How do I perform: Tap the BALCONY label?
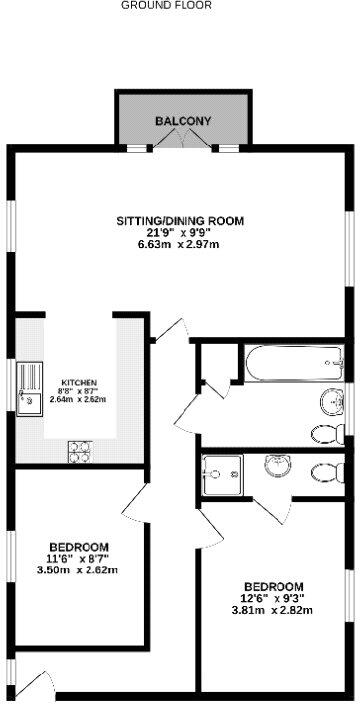pyautogui.click(x=183, y=121)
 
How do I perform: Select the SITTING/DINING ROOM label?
pyautogui.click(x=180, y=220)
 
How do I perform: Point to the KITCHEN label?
pyautogui.click(x=79, y=383)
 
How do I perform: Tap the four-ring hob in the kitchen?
pyautogui.click(x=79, y=451)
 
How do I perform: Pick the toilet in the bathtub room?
pyautogui.click(x=327, y=434)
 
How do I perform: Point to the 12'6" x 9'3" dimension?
pyautogui.click(x=273, y=598)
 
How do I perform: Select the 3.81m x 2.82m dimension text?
pyautogui.click(x=273, y=610)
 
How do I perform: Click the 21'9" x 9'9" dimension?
pyautogui.click(x=180, y=233)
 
